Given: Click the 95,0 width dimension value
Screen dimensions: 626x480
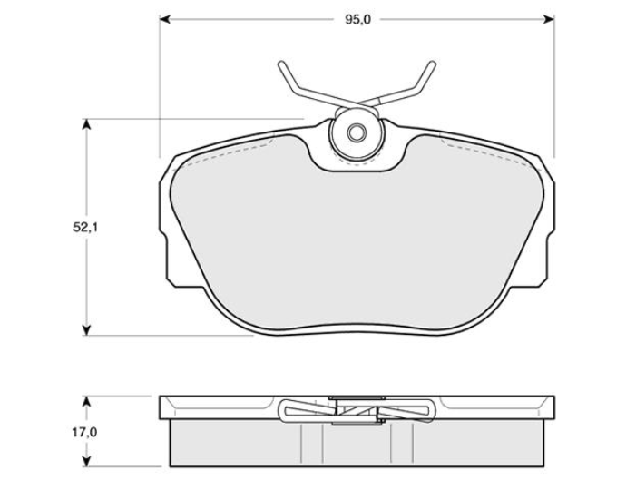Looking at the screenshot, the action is (357, 20).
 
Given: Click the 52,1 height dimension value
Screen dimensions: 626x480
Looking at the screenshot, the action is (85, 228).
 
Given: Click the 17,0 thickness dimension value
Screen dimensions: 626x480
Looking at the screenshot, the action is (85, 432).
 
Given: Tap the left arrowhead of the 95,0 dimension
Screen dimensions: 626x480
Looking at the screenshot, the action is (165, 19).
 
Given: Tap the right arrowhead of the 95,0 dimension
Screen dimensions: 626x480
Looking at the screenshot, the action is (549, 19).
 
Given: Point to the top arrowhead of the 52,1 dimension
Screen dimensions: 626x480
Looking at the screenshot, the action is (85, 124).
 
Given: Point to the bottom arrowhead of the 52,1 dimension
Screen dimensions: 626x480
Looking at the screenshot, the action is (85, 330).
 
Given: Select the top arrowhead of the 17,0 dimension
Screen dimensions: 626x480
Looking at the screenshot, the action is (85, 402).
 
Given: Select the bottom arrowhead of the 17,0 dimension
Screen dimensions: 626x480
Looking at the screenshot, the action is (85, 461).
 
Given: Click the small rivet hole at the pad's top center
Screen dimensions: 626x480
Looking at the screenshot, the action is (356, 132).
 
